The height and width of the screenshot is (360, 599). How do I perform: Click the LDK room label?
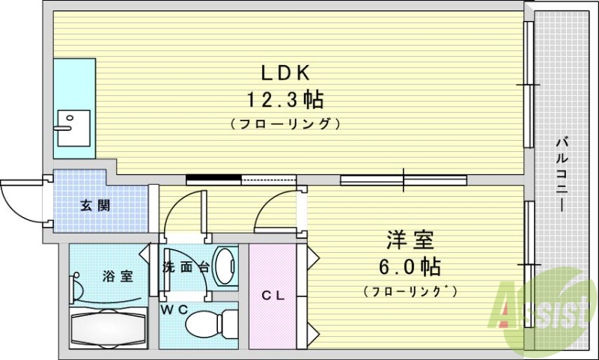click(285, 73)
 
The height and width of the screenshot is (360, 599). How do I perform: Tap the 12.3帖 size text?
click(285, 98)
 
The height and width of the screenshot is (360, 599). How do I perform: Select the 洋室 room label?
click(409, 241)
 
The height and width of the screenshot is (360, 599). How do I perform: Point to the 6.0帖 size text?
click(409, 266)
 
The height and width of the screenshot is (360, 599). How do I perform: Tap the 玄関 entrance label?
click(95, 205)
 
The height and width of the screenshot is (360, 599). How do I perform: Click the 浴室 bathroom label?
click(117, 275)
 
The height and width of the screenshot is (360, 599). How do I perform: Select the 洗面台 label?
click(185, 266)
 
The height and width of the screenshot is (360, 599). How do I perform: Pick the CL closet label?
click(273, 295)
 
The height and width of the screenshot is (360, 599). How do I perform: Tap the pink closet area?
click(273, 314)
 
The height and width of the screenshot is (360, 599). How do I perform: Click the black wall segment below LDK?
click(213, 179)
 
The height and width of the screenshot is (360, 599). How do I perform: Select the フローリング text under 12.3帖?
click(285, 123)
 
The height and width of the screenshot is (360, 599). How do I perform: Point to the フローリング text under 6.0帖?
click(409, 290)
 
